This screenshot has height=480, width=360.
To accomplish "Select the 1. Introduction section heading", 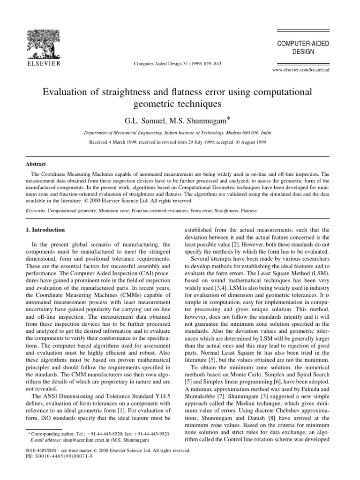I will point(46,230).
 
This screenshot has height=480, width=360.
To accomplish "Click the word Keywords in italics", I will point(35,211).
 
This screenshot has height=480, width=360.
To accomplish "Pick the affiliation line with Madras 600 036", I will point(180,133).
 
